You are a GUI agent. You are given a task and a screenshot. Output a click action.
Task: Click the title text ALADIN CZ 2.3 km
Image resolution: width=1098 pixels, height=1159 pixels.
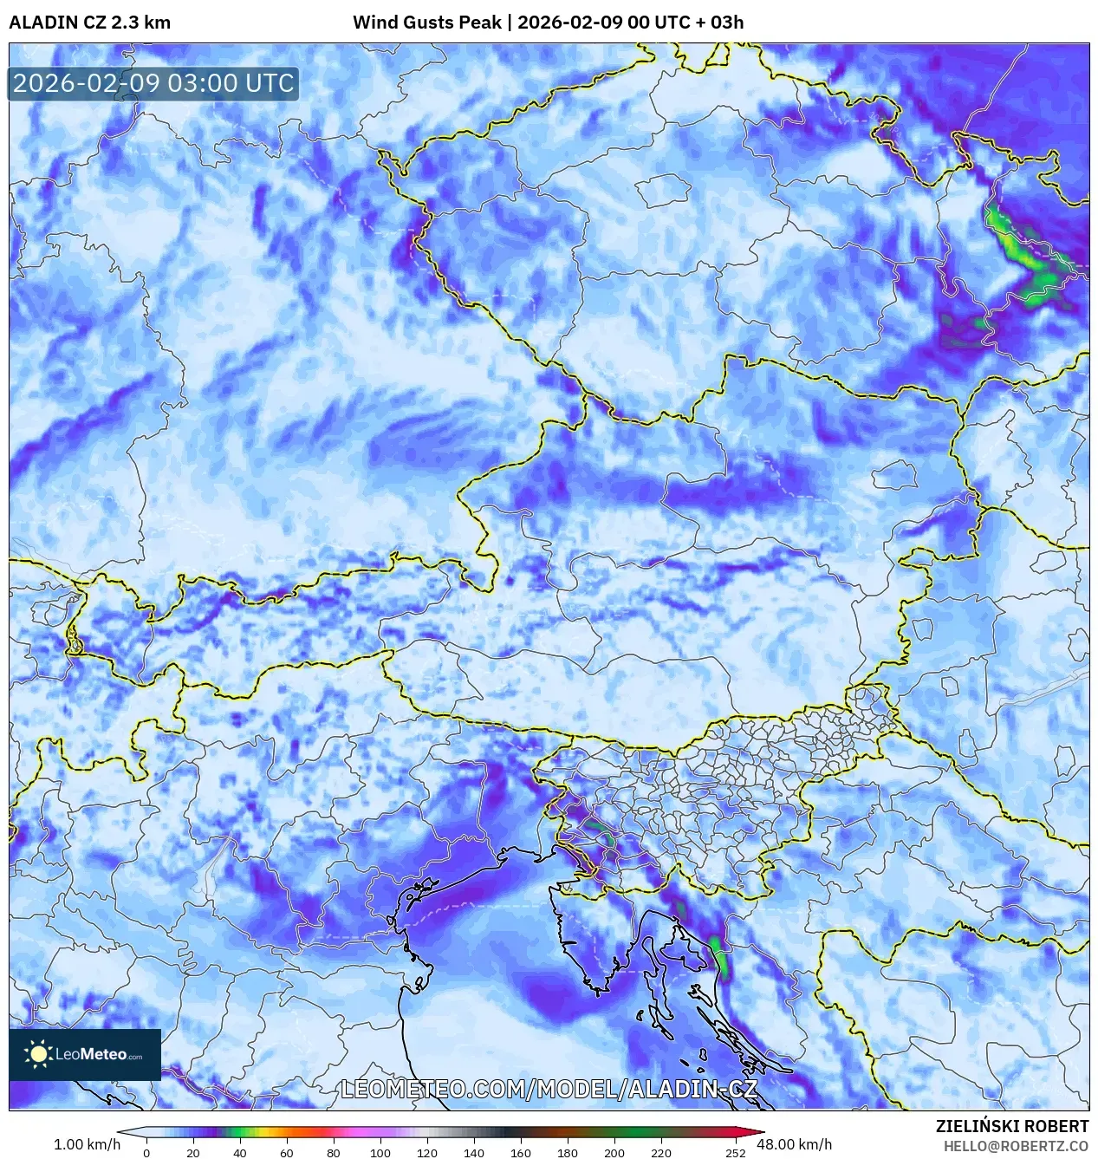point(89,23)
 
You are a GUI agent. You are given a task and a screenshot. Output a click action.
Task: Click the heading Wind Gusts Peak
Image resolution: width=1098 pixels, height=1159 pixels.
point(426,23)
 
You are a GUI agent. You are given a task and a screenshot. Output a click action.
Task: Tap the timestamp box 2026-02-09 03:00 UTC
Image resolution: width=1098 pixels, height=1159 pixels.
point(153,83)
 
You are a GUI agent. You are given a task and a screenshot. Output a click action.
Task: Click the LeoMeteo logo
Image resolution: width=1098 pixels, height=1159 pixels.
point(85,1054)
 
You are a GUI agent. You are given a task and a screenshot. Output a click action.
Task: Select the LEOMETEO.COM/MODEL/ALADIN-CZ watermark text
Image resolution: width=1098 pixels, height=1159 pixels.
point(549,1089)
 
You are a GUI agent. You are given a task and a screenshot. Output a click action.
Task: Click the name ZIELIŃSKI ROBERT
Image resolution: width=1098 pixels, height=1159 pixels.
point(1011,1126)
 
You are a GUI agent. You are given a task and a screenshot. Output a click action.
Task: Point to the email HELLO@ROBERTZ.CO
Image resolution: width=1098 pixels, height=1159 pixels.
point(1016,1146)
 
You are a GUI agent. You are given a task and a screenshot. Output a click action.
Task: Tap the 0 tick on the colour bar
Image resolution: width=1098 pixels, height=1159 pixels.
point(146,1152)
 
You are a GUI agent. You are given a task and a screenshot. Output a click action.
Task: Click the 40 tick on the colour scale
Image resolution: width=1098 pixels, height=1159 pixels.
point(240,1152)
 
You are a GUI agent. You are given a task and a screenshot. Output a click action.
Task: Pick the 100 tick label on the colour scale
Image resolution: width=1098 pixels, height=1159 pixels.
point(380,1152)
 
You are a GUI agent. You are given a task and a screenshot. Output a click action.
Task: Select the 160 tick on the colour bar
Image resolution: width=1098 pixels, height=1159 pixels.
point(521,1152)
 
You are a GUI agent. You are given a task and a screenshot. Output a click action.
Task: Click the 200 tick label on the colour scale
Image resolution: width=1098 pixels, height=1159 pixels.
point(614,1152)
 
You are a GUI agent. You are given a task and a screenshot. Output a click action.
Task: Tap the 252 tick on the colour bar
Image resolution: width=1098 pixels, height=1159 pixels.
point(736,1152)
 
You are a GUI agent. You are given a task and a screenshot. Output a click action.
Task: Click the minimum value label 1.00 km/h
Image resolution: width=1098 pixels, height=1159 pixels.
point(87,1144)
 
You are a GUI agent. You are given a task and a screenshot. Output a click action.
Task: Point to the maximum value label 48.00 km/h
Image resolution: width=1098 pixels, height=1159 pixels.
point(794,1144)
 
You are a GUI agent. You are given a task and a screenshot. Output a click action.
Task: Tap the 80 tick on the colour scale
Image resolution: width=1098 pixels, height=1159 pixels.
point(334,1152)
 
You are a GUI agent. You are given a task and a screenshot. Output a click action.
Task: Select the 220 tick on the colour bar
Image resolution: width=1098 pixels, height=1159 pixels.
point(661,1152)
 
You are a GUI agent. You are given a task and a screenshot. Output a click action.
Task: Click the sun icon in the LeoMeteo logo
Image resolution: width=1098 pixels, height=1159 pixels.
point(38,1054)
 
